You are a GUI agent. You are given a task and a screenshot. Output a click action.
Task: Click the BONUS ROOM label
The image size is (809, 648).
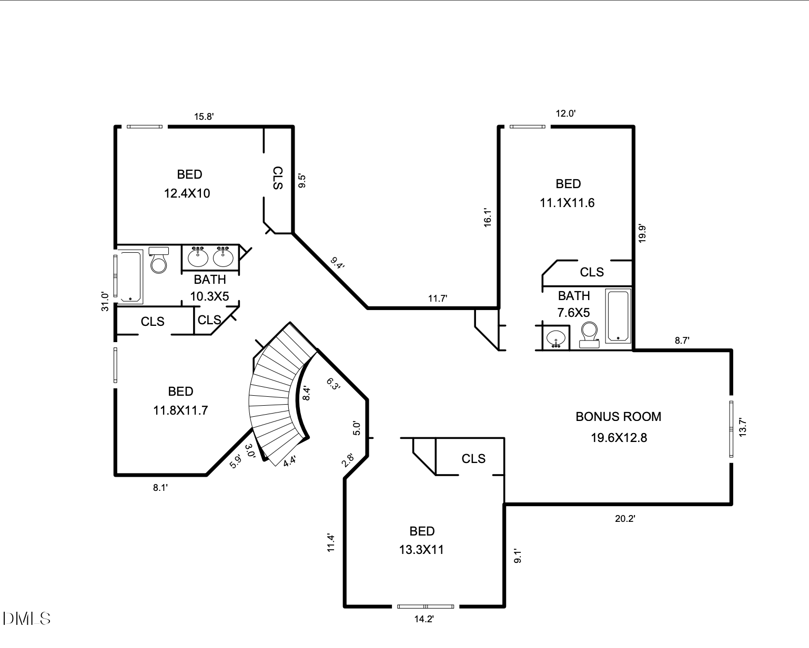tap(618, 417)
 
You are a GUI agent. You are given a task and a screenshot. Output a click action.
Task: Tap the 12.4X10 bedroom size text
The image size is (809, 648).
tap(187, 193)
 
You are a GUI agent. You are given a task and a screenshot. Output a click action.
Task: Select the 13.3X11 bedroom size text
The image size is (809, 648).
tap(421, 550)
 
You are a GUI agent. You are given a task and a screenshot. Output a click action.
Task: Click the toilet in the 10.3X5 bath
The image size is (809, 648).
tap(158, 261)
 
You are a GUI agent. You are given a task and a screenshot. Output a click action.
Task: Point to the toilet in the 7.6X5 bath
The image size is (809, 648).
tap(589, 333)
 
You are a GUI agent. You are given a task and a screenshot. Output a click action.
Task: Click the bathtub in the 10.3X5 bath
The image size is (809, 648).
tap(129, 277)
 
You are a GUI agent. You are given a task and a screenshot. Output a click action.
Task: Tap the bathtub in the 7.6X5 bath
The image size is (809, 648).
tap(618, 315)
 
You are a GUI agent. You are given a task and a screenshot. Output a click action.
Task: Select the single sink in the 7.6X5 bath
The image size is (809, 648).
tap(556, 337)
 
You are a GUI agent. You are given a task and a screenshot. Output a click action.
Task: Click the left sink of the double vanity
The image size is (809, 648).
tap(198, 256)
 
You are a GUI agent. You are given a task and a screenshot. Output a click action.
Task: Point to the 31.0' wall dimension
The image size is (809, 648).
tap(105, 302)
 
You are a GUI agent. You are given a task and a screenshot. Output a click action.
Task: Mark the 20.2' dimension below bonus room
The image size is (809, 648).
tap(625, 519)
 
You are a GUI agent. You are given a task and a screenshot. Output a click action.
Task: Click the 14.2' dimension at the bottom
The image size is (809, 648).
tap(423, 619)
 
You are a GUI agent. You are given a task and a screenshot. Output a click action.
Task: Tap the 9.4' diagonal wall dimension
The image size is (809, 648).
tap(337, 263)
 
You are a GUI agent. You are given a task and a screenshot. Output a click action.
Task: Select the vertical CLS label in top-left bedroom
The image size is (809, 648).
tap(278, 178)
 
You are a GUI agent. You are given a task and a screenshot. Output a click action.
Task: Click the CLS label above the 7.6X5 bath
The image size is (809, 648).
tap(592, 272)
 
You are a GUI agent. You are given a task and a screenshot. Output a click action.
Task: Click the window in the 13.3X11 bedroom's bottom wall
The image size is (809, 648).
tap(425, 606)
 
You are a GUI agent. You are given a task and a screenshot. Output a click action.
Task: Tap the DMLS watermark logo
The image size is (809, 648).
tap(26, 619)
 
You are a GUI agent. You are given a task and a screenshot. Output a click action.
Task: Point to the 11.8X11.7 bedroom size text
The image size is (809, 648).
tap(180, 410)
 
